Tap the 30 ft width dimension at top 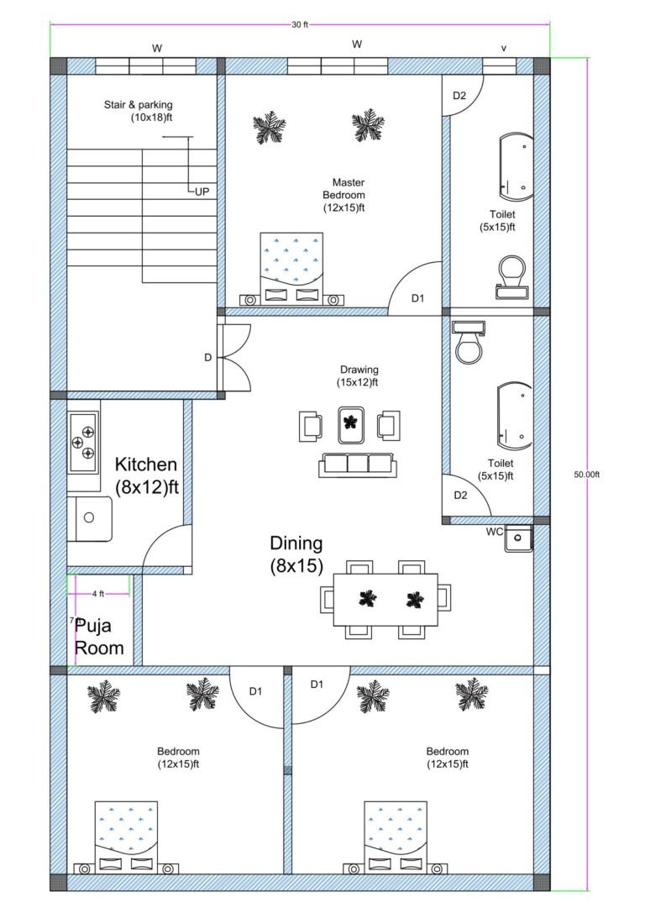pyautogui.click(x=300, y=24)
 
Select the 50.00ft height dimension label pyautogui.click(x=587, y=475)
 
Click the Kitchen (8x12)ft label pyautogui.click(x=146, y=475)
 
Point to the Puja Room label pyautogui.click(x=99, y=637)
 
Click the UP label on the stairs pyautogui.click(x=202, y=192)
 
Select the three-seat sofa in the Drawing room pyautogui.click(x=357, y=464)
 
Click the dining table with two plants pyautogui.click(x=385, y=599)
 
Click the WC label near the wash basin pyautogui.click(x=495, y=532)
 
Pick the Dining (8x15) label pyautogui.click(x=296, y=554)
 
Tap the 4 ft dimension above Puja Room pyautogui.click(x=98, y=594)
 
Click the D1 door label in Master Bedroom pyautogui.click(x=417, y=298)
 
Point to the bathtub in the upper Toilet pyautogui.click(x=514, y=166)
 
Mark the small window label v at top pyautogui.click(x=503, y=49)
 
